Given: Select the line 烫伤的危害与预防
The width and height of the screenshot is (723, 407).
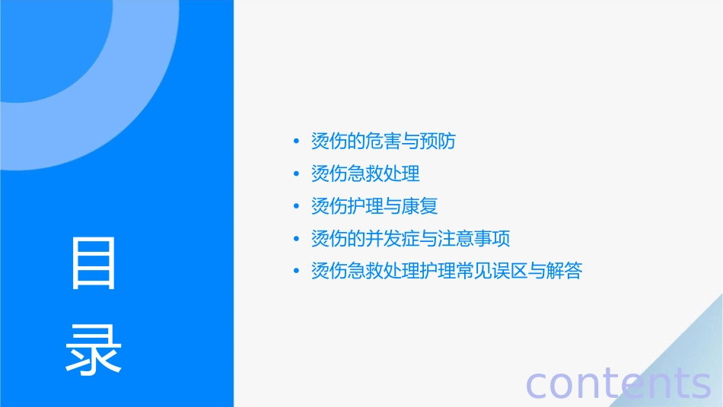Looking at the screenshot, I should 384,141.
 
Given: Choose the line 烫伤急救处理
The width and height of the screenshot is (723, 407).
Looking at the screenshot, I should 365,174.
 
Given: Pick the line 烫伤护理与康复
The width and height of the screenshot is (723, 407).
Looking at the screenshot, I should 374,206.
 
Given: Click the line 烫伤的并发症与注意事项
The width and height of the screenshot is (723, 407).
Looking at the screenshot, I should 410,239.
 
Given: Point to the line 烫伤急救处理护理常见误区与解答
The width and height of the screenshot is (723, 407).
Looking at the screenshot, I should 447,271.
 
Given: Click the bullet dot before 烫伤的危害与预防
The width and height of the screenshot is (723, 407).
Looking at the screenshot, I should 296,142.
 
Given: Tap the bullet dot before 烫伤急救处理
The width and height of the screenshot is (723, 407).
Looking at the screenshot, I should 296,174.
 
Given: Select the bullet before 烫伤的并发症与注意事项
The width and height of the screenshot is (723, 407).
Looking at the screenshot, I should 296,239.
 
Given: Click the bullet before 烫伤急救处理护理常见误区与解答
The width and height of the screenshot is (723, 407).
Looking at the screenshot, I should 296,272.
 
